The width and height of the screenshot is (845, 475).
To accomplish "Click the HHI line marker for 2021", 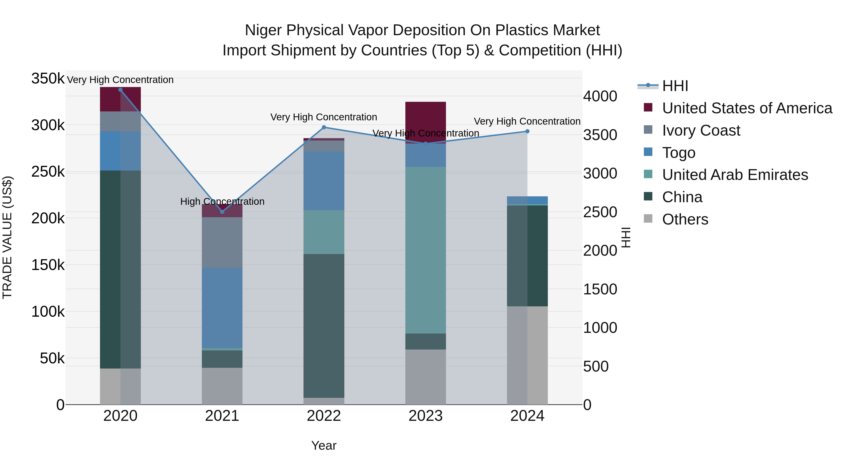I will pyautogui.click(x=222, y=212).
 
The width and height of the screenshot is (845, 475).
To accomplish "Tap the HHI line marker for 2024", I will pyautogui.click(x=527, y=131).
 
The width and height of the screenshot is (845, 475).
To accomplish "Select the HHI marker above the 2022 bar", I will pyautogui.click(x=324, y=127).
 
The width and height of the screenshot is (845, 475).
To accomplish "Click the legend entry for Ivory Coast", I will pyautogui.click(x=701, y=130).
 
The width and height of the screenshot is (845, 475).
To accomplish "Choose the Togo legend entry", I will pyautogui.click(x=678, y=153).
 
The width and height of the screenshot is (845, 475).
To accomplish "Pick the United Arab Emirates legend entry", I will pyautogui.click(x=735, y=175).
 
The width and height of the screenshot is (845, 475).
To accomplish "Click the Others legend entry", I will pyautogui.click(x=685, y=219).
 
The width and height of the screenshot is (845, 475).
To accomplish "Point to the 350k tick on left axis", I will pyautogui.click(x=48, y=79).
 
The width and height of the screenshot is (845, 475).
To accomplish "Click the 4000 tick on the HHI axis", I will pyautogui.click(x=600, y=96).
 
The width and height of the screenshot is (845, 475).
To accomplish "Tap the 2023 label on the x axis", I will pyautogui.click(x=426, y=416).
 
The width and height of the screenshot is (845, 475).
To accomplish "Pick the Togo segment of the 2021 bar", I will pyautogui.click(x=222, y=308).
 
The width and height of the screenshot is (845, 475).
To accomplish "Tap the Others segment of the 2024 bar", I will pyautogui.click(x=527, y=355).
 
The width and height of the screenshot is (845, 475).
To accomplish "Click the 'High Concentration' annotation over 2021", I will pyautogui.click(x=222, y=201).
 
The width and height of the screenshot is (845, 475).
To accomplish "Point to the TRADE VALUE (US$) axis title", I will pyautogui.click(x=7, y=237).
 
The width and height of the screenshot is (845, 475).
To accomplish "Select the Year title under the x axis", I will pyautogui.click(x=324, y=445).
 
